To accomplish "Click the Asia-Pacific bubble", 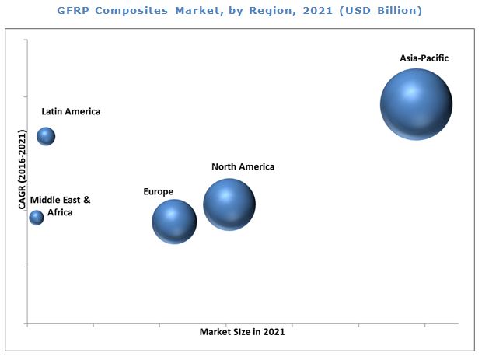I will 416,104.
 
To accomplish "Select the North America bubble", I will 229,204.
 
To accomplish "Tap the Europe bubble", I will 174,222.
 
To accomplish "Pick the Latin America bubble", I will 47,136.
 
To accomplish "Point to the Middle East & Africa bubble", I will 37,218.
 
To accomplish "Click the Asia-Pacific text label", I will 424,58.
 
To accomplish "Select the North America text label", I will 243,166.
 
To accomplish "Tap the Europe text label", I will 158,191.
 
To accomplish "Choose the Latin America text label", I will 71,111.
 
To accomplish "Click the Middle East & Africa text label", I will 60,206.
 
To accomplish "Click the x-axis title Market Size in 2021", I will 242,332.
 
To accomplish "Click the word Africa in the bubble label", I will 60,212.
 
